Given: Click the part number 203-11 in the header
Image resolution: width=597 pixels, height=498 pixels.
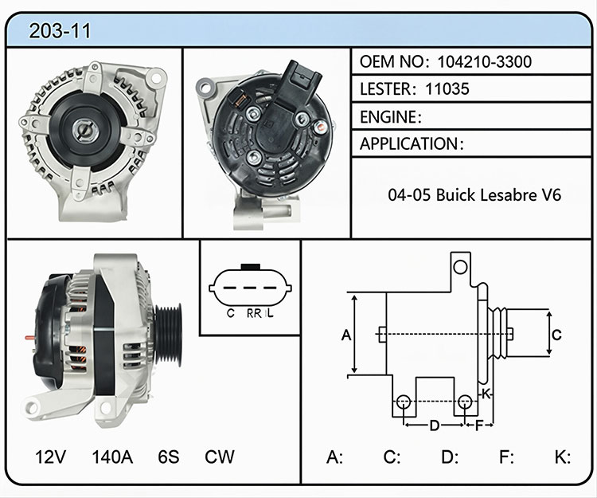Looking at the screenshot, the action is point(60,31).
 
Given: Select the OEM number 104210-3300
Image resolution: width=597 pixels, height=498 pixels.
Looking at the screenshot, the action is point(484,61).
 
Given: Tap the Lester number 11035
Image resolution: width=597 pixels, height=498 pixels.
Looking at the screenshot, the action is point(447,89).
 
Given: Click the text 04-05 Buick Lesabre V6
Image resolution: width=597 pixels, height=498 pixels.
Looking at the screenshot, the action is point(474,195).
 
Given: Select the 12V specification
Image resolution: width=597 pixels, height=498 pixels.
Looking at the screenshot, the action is point(50,457).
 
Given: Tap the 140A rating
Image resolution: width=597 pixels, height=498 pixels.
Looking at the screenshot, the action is point(112,457).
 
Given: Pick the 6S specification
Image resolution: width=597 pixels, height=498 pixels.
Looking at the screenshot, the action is point(168,457).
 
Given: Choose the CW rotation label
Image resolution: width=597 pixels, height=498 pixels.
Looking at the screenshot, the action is point(220,457).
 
